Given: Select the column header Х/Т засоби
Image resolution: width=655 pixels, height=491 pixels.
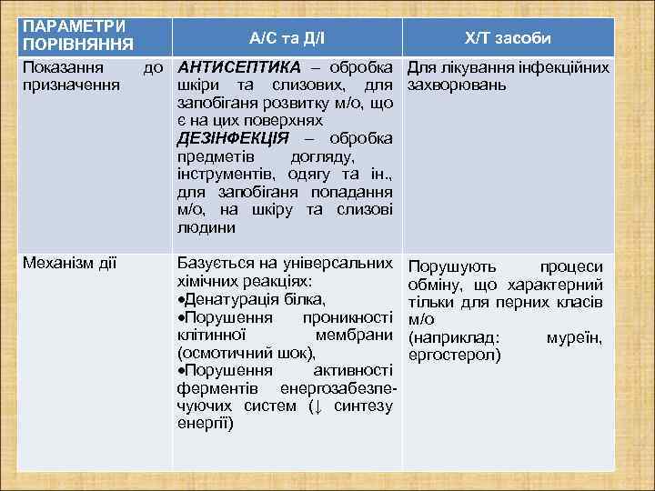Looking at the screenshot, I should click(x=507, y=37).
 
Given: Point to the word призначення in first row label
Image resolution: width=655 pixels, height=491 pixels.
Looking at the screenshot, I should click(x=71, y=85).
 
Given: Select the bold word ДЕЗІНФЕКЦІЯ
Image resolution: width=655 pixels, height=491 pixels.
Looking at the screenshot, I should click(x=232, y=137).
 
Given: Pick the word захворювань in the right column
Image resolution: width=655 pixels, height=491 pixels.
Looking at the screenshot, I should click(x=456, y=85).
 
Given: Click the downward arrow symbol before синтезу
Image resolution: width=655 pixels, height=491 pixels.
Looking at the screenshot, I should click(x=313, y=406).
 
